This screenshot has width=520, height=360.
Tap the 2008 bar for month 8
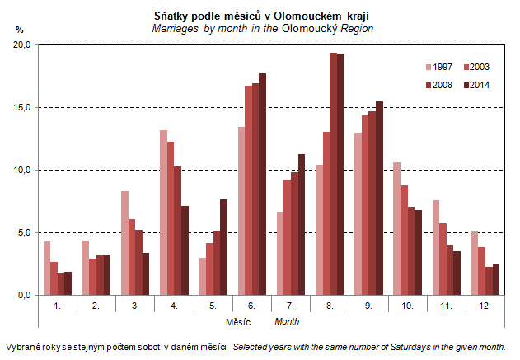point(333,174)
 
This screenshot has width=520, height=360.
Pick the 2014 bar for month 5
point(224,247)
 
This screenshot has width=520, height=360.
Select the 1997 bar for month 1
point(47,268)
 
